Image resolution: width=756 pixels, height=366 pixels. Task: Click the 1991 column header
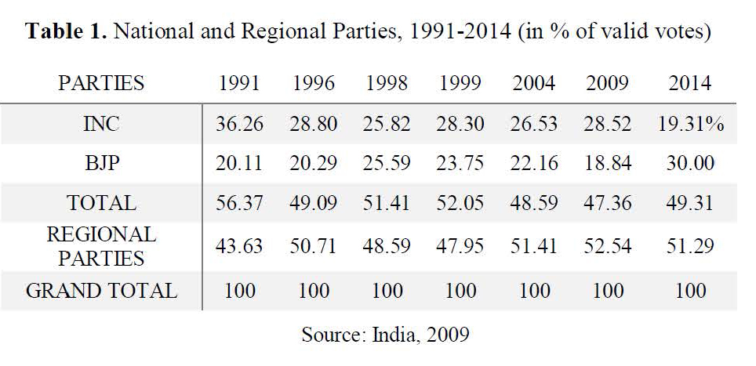(x=239, y=83)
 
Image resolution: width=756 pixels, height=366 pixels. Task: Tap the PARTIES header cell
(x=101, y=83)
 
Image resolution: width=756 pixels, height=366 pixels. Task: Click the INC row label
(x=101, y=125)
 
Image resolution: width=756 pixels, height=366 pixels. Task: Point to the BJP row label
(x=101, y=164)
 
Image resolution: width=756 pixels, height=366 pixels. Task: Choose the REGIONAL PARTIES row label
(x=101, y=246)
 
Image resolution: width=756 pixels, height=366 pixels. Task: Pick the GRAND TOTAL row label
(x=101, y=291)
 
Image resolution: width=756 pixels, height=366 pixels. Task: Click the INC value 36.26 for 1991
(x=239, y=125)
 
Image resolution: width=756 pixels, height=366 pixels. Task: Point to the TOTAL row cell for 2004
(x=535, y=203)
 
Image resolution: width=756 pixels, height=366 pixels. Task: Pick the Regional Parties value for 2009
(x=608, y=246)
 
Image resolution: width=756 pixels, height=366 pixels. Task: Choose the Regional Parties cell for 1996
(x=314, y=246)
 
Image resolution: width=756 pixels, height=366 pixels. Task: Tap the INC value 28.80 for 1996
(x=314, y=125)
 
